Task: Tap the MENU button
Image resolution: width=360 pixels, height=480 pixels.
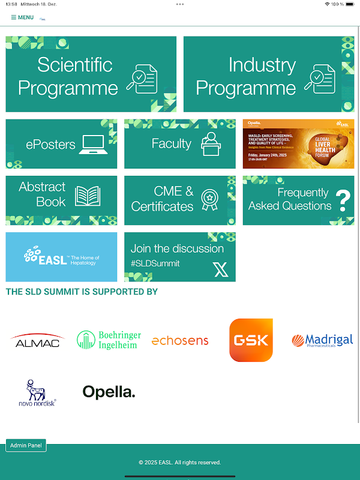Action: (22, 17)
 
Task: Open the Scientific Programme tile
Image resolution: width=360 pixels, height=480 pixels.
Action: (91, 74)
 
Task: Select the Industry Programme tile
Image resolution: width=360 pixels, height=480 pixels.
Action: (268, 74)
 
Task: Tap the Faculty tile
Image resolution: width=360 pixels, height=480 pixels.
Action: (179, 144)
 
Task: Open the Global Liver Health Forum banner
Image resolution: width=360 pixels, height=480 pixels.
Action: (298, 144)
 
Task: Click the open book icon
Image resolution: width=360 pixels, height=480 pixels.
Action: (88, 196)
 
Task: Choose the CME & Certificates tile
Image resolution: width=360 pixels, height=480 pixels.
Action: (179, 200)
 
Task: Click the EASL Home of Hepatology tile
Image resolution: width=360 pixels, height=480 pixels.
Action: (61, 257)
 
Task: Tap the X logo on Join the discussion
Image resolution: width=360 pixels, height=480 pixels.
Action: (221, 270)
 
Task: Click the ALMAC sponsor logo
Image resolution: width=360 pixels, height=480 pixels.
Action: (37, 341)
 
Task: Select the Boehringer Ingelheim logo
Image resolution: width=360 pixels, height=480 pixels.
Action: (109, 340)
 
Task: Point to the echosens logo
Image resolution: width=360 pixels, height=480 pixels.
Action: (180, 341)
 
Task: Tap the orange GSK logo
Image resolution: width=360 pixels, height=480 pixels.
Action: (251, 340)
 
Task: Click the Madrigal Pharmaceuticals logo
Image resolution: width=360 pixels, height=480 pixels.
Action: (322, 341)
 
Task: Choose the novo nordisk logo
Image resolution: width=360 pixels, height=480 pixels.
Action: (37, 394)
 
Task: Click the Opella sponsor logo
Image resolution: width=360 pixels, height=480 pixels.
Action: (109, 392)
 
